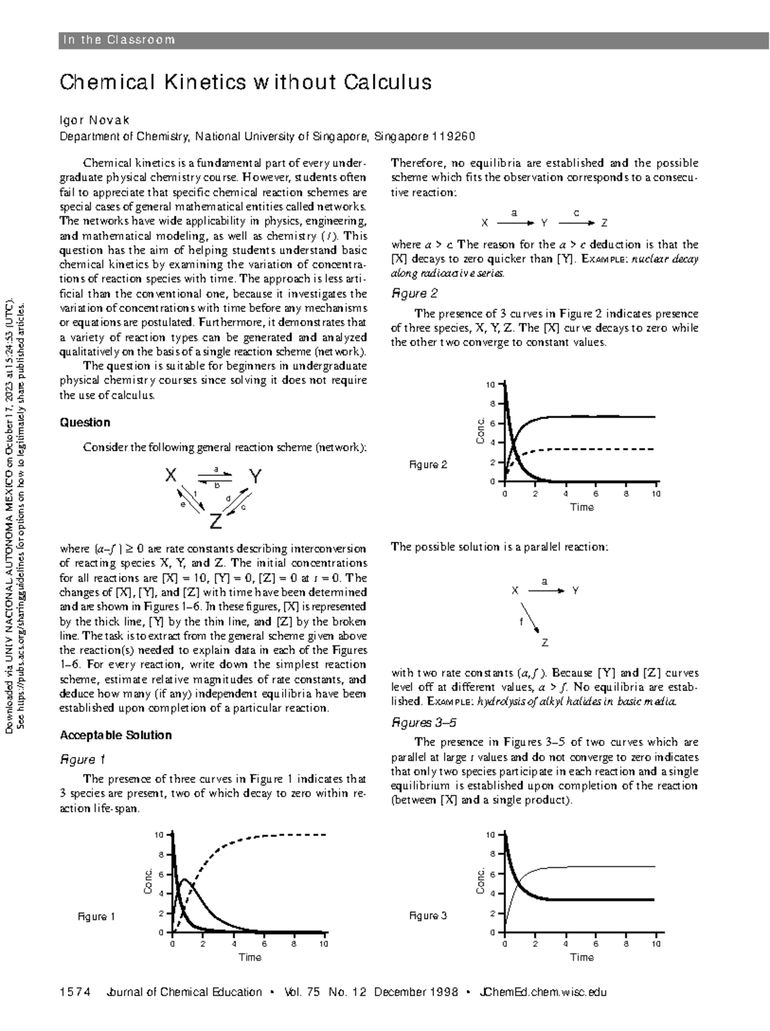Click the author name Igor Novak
click(94, 121)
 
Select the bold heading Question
click(85, 422)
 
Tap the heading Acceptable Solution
click(116, 735)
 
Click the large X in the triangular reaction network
click(171, 476)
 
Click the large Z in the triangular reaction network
click(216, 521)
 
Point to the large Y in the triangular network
click(255, 477)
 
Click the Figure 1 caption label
click(96, 917)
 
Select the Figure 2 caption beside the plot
click(428, 465)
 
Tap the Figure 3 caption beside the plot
click(428, 916)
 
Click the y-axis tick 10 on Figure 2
click(490, 385)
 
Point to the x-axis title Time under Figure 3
click(582, 957)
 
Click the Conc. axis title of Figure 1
click(148, 882)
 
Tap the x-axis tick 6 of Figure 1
click(263, 944)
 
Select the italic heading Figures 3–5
click(424, 723)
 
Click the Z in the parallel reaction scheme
click(545, 643)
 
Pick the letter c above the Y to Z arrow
click(576, 212)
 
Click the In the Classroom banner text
click(118, 40)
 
